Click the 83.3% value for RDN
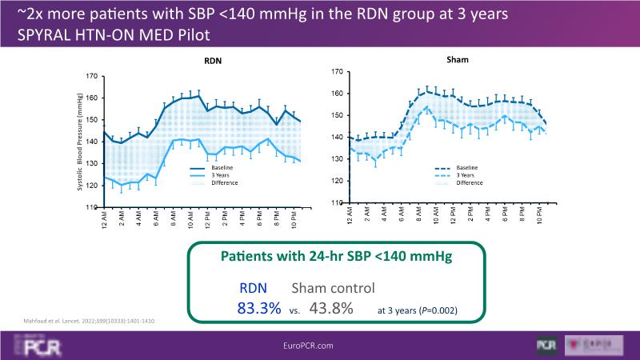[x=259, y=307]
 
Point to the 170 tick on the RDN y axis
[x=92, y=77]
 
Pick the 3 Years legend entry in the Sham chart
[x=465, y=175]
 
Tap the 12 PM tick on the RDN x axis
[x=208, y=218]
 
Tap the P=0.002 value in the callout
[x=454, y=310]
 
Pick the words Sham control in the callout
[x=331, y=287]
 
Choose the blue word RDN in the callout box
[x=256, y=287]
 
